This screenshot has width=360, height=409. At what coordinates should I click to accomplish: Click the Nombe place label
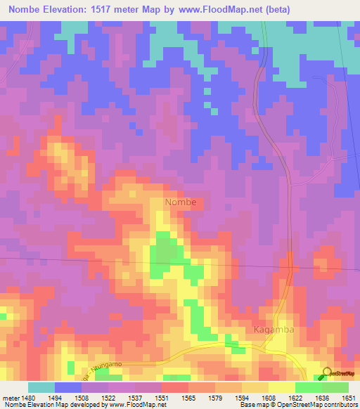pos(185,202)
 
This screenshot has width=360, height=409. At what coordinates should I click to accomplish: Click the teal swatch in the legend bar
pos(41,387)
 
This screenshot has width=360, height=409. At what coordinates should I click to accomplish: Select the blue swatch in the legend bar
pos(68,387)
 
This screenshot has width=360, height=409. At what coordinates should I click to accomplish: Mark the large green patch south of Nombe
pos(165,252)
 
